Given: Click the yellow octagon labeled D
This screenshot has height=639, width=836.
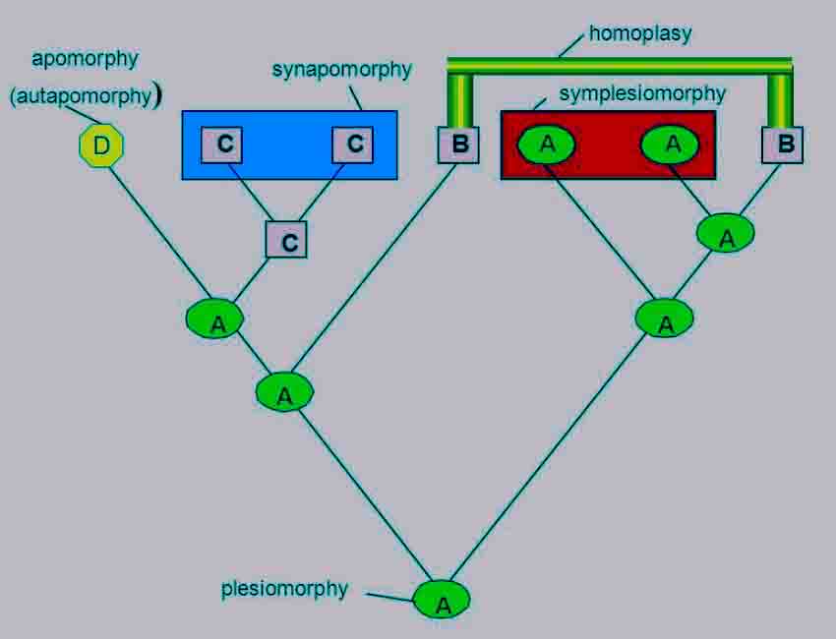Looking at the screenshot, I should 101,146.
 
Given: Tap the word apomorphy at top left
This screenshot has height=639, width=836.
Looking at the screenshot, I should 85,58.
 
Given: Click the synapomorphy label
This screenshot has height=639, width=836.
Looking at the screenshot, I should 341,70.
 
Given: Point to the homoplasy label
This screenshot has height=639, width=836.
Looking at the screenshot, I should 640,33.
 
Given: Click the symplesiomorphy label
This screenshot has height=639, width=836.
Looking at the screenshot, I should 641,93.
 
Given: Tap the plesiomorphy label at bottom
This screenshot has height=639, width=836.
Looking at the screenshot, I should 284,589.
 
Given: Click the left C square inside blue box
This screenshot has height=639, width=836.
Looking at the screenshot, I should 225,145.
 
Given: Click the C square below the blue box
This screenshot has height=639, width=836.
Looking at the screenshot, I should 288,240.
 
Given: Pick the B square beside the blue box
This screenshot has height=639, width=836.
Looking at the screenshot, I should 458,145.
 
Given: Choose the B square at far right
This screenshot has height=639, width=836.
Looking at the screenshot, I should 784,145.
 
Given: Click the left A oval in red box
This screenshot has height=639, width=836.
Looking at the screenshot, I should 547,145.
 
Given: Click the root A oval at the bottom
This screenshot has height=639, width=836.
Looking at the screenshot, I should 442,599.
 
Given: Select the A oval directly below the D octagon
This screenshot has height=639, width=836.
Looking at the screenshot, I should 216,319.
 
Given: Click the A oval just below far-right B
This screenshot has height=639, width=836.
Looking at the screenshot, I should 726,234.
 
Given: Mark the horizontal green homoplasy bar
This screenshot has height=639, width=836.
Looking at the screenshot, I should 620,66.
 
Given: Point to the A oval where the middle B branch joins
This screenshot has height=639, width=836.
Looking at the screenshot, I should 284,392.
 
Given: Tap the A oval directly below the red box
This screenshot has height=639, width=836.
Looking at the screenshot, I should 665,319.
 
